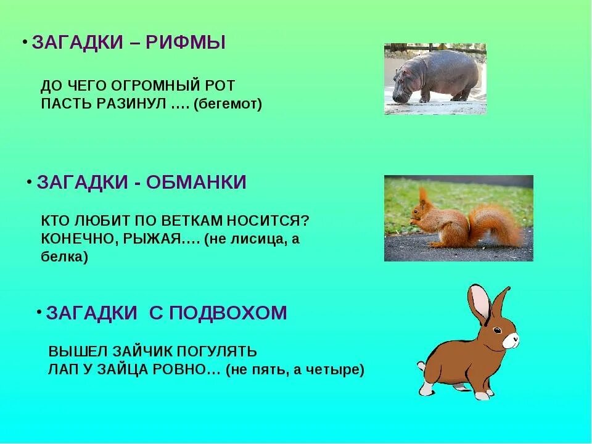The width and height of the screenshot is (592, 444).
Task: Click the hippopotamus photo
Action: click(435, 78)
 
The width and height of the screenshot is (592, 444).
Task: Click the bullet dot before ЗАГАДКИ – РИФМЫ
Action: click(25, 42)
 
